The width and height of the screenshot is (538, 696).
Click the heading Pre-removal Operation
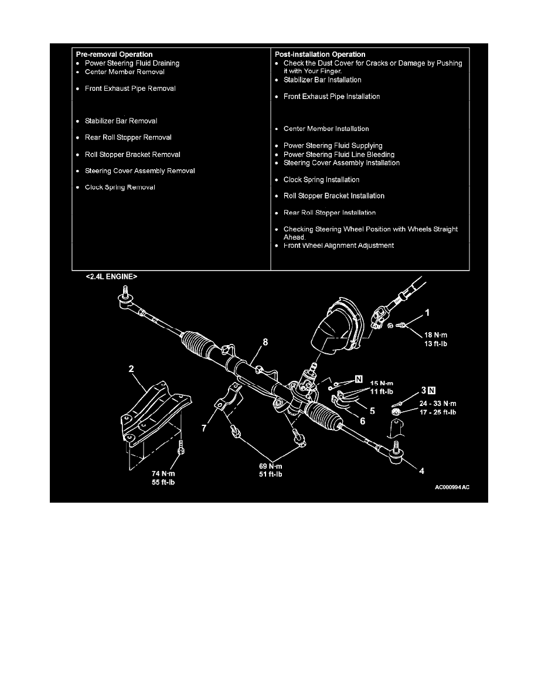click(x=114, y=54)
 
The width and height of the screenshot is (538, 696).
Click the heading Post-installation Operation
click(x=320, y=54)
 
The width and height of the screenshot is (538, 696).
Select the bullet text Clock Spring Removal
click(x=120, y=187)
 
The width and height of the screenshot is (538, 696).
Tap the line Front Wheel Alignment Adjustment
click(x=339, y=245)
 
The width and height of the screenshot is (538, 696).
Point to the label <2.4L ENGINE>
click(x=111, y=277)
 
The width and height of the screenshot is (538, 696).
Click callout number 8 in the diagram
click(x=265, y=342)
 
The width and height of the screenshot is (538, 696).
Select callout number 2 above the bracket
click(x=131, y=369)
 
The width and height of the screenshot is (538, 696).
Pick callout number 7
click(x=204, y=428)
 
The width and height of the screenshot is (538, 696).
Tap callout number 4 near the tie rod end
click(x=422, y=471)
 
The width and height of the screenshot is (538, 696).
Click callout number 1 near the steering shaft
click(x=427, y=312)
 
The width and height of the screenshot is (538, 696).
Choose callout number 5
click(x=372, y=411)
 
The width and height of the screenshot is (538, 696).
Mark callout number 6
click(x=363, y=421)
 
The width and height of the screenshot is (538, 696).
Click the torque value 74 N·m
click(x=164, y=473)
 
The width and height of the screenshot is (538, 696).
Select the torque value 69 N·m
click(x=271, y=466)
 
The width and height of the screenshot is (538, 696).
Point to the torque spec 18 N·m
click(x=436, y=335)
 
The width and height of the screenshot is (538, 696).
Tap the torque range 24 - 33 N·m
click(x=438, y=404)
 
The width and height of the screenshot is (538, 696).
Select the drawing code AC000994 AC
click(x=452, y=487)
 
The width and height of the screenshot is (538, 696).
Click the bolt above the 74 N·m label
click(x=181, y=448)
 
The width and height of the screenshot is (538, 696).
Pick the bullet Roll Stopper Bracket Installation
click(x=334, y=196)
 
